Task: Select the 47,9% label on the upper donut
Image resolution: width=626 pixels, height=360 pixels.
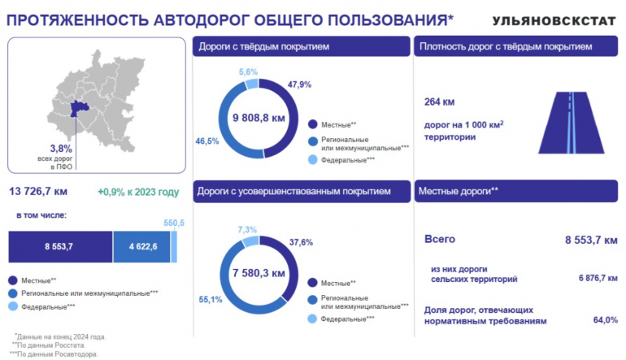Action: [x=299, y=84]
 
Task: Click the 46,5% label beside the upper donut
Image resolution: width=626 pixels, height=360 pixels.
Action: [x=207, y=141]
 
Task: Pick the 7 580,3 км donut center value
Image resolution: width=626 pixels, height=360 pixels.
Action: [x=259, y=272]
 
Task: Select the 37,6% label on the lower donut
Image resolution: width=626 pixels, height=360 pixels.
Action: [x=301, y=242]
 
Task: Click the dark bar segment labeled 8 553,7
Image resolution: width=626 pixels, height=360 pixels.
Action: [x=60, y=246]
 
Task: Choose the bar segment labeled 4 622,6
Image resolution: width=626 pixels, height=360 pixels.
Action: [x=142, y=246]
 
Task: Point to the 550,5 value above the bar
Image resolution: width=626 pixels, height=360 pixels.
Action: [x=174, y=223]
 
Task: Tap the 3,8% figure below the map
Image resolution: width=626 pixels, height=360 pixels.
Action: [x=61, y=149]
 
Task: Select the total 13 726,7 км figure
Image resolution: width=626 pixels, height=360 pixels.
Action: [x=38, y=192]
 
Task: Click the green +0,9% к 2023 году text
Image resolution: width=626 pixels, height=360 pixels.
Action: [x=137, y=192]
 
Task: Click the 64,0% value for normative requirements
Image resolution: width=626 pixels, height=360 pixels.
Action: [x=605, y=320]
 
